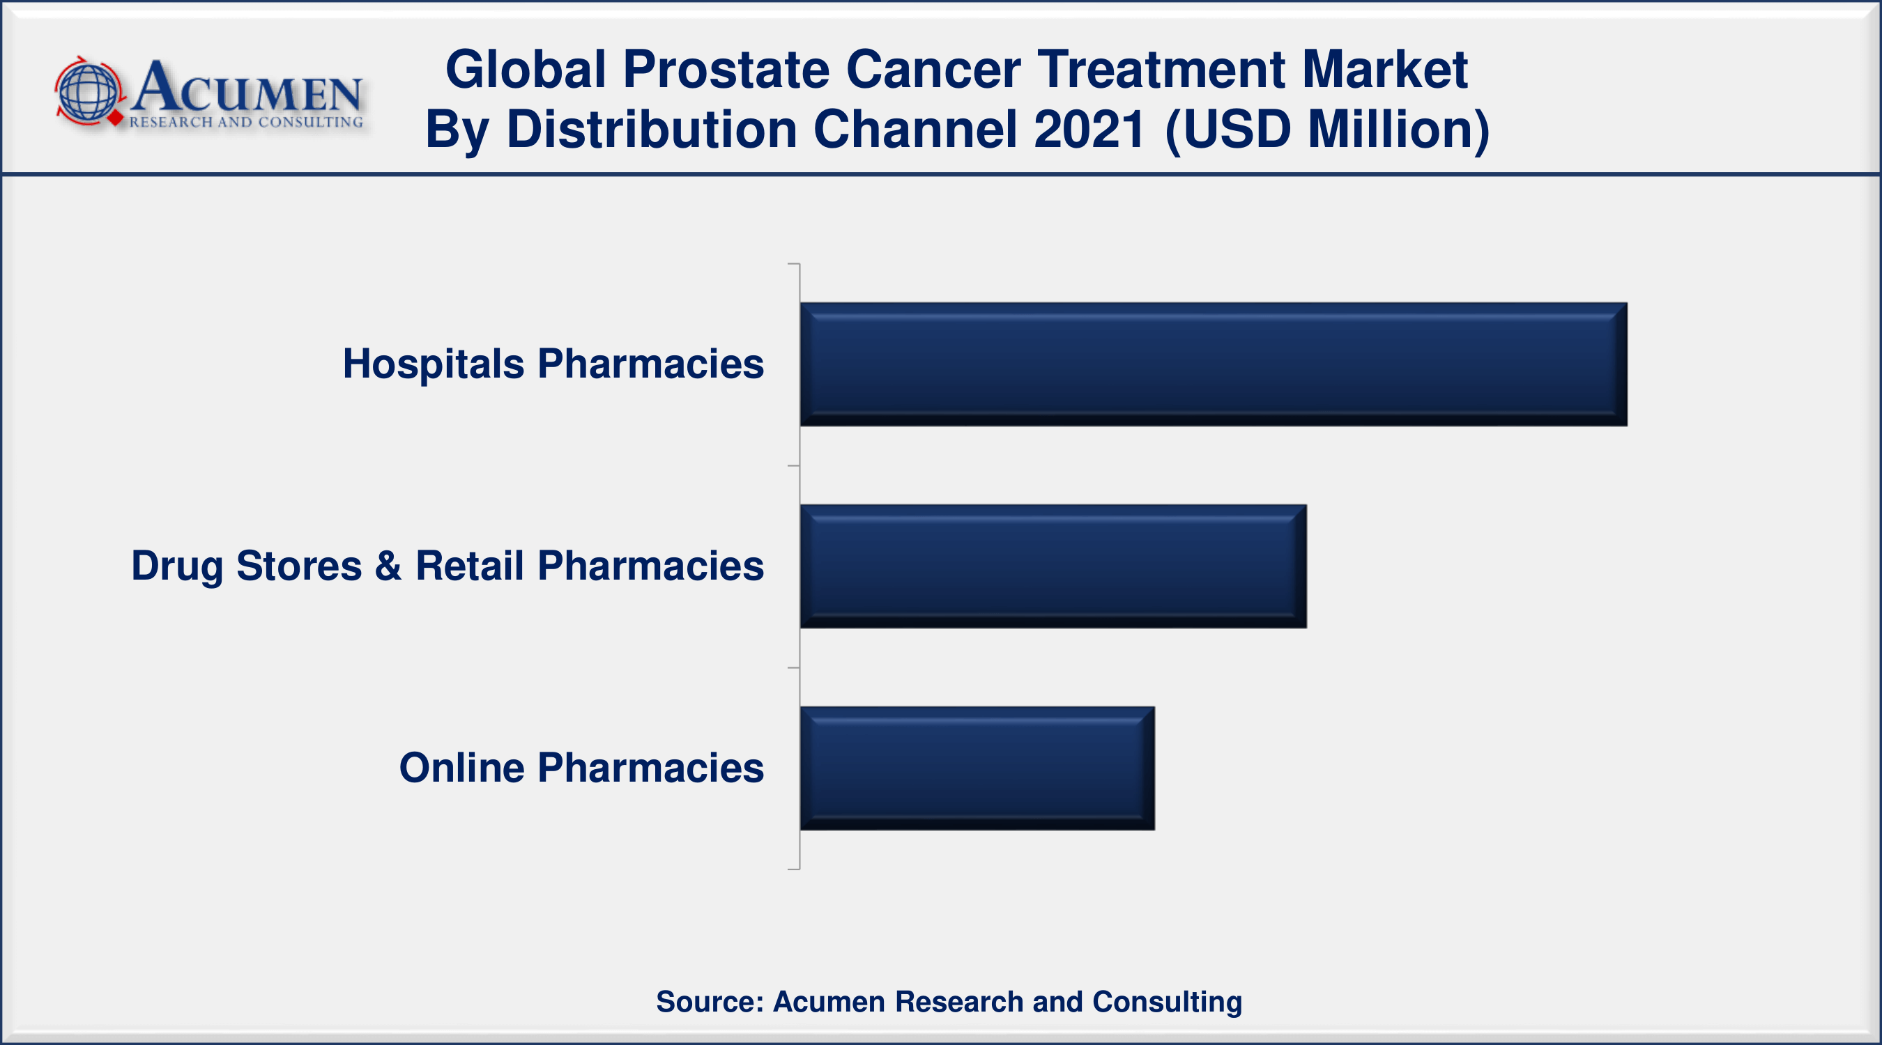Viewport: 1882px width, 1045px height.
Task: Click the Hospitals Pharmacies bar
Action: click(1214, 364)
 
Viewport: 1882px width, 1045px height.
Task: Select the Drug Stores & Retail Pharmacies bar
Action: click(1053, 566)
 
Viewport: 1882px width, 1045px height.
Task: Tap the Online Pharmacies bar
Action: click(977, 768)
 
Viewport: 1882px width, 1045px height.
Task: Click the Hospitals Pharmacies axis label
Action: click(553, 364)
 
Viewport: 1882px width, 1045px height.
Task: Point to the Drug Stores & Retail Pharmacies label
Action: click(447, 566)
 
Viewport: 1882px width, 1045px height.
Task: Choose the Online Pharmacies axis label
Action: click(581, 768)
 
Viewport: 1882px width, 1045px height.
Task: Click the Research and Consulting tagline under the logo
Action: click(246, 122)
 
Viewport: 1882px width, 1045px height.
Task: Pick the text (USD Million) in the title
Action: click(1326, 130)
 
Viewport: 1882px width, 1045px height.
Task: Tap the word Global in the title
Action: click(526, 70)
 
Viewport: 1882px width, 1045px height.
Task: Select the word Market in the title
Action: click(1384, 70)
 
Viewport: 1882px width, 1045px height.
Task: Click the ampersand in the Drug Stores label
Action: click(389, 565)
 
